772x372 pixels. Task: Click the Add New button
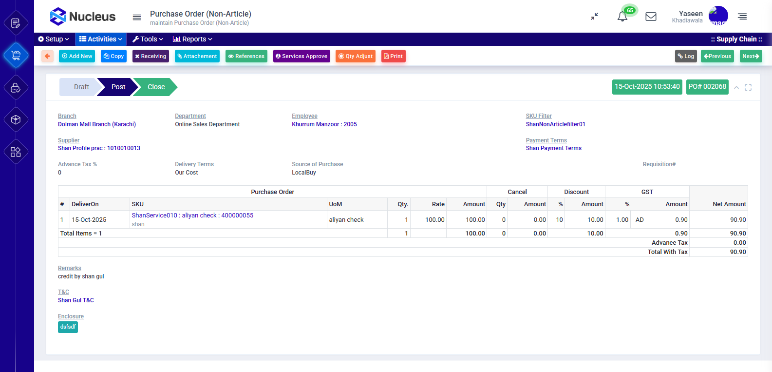coord(77,56)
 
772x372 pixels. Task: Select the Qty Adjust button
coord(356,56)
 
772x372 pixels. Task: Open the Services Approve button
coord(301,56)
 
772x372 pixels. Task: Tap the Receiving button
coord(151,56)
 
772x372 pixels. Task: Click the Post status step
coord(118,87)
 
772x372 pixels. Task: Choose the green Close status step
coord(156,87)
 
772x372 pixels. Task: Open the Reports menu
coord(192,39)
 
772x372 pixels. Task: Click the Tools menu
coord(148,39)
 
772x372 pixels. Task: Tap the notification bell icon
coord(622,17)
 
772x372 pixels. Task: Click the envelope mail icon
coord(651,17)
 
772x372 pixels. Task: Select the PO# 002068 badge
coord(707,87)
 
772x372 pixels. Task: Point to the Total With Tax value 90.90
coord(738,252)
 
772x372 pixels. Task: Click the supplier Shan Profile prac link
coord(99,148)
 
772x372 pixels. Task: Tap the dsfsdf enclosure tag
coord(68,327)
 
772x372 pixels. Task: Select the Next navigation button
coord(751,56)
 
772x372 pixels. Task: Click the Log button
coord(686,56)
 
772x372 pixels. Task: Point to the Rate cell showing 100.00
coord(434,220)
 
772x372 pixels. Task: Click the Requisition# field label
coord(659,164)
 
